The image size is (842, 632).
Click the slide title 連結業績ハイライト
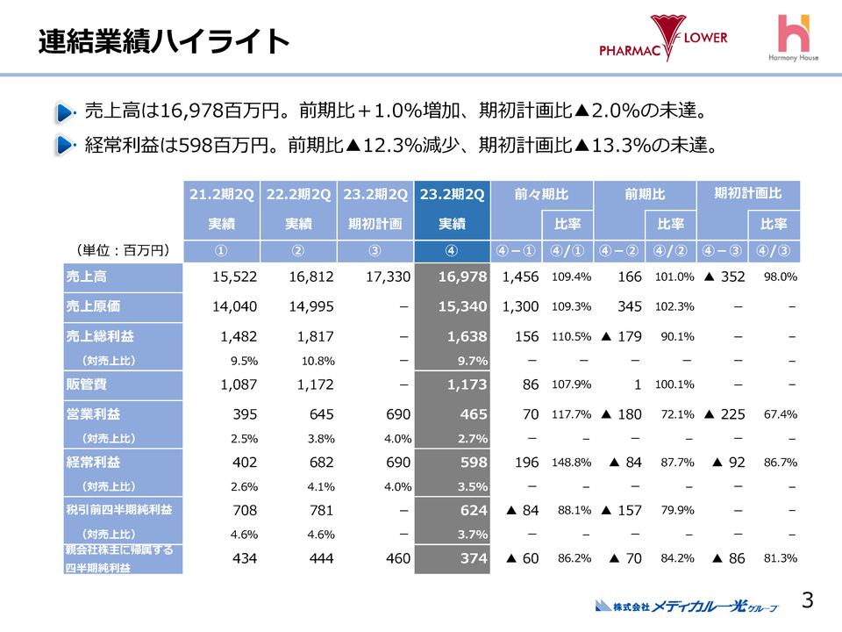tap(164, 40)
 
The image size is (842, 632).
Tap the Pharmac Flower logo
tap(663, 39)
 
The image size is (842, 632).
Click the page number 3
tap(808, 600)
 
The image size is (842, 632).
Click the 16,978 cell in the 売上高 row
tap(453, 277)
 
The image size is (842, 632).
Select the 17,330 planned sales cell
tap(375, 277)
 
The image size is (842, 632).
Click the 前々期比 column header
tap(542, 193)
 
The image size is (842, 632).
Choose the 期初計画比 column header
tap(747, 193)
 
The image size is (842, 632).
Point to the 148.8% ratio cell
tap(570, 462)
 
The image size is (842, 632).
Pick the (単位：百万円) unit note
tap(124, 250)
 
